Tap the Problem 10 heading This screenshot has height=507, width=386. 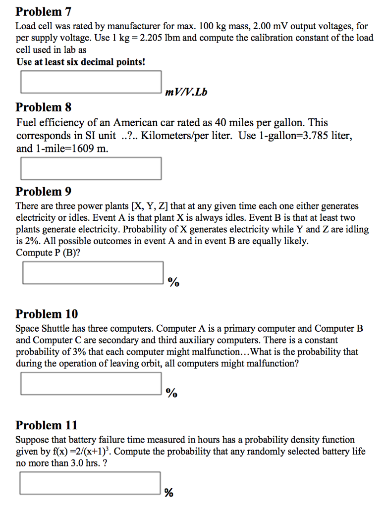pyautogui.click(x=47, y=314)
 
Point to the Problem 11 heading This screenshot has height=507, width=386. pyautogui.click(x=47, y=425)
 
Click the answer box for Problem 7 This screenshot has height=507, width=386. pyautogui.click(x=91, y=82)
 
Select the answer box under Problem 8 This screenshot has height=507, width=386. pyautogui.click(x=91, y=168)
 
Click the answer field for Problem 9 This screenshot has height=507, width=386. pyautogui.click(x=93, y=273)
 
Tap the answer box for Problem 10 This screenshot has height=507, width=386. pyautogui.click(x=91, y=383)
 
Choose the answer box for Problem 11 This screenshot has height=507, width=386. pyautogui.click(x=91, y=483)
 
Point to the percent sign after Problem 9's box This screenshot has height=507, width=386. pyautogui.click(x=173, y=283)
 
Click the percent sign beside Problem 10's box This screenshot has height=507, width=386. pyautogui.click(x=171, y=394)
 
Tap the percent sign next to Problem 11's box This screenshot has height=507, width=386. pyautogui.click(x=169, y=493)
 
